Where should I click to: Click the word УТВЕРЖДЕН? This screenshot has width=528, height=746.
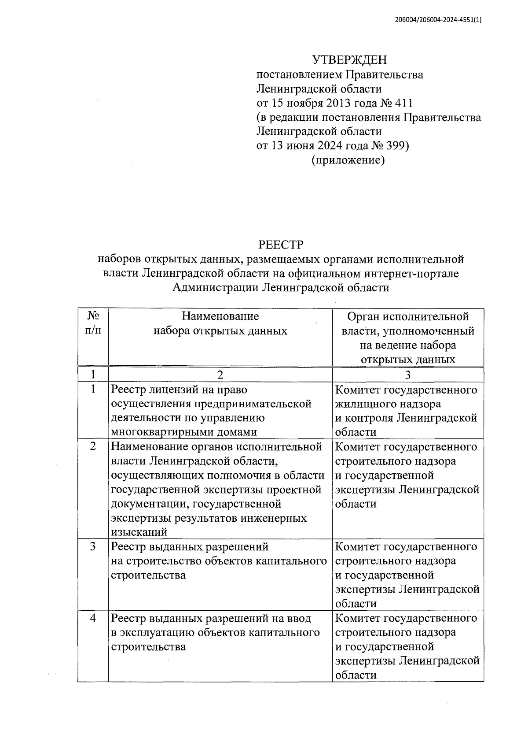[349, 60]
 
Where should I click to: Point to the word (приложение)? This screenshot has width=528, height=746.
[348, 160]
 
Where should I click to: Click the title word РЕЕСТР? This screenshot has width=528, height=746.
[281, 245]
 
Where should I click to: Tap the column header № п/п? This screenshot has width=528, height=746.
[93, 323]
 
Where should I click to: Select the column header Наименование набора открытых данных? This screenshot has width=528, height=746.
[220, 323]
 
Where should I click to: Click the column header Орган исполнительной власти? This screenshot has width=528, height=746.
[408, 323]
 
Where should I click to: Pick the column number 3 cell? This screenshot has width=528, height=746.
[408, 375]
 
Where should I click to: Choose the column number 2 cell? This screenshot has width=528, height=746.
[220, 375]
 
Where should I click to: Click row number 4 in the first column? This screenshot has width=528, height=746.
[93, 619]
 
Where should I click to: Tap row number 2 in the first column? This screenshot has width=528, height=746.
[93, 446]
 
